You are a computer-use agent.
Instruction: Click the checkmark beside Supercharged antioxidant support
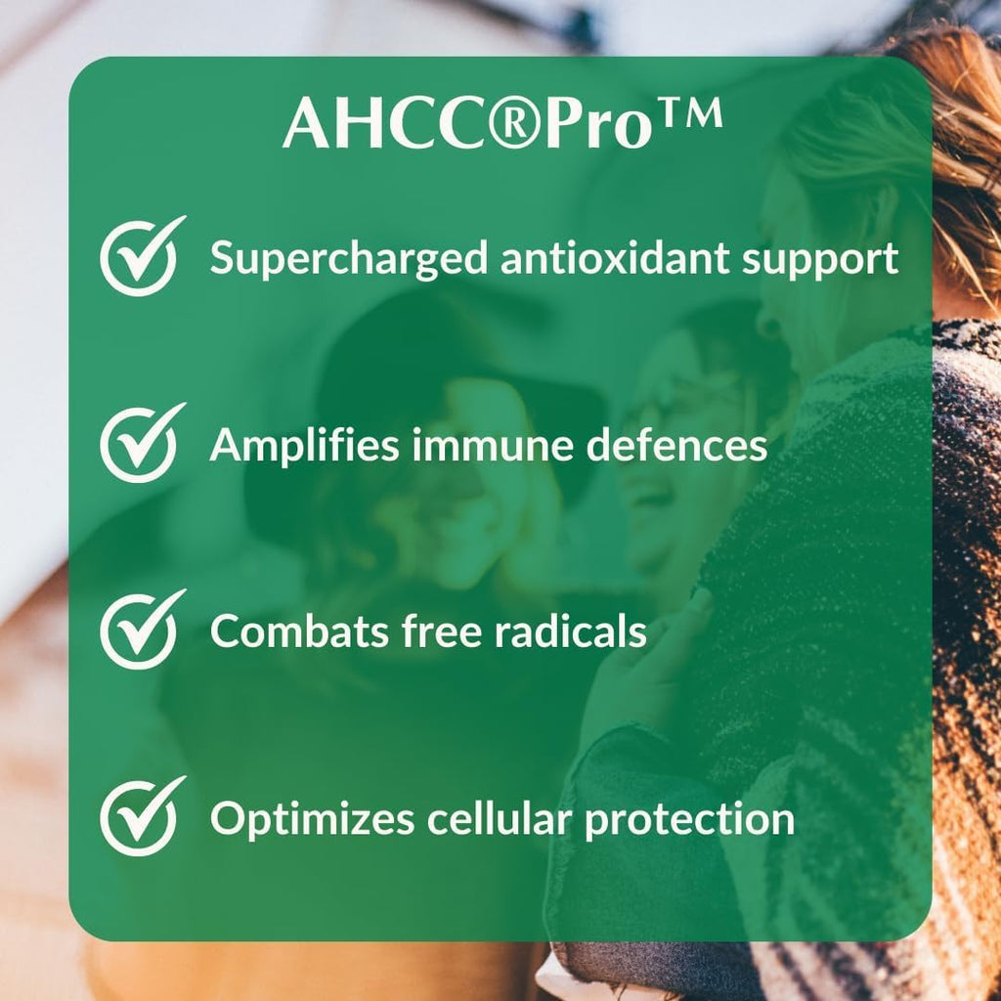click(140, 257)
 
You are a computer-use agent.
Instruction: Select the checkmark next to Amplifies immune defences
click(140, 444)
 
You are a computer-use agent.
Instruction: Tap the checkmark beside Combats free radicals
click(140, 630)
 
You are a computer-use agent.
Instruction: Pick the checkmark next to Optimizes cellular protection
click(140, 816)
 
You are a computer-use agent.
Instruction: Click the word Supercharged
click(348, 260)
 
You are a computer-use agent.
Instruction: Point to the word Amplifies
click(304, 446)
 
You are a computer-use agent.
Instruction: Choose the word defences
click(683, 446)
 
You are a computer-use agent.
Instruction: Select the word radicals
click(569, 631)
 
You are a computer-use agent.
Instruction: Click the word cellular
click(498, 818)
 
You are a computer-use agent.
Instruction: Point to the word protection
click(689, 819)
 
